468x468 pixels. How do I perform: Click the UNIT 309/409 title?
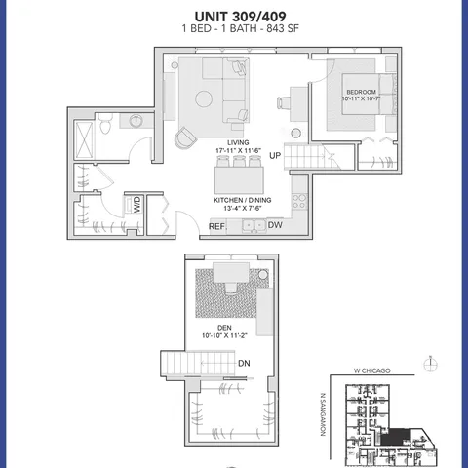[x=233, y=16]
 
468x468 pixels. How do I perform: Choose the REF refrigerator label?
[x=216, y=226]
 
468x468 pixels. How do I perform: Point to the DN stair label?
[x=244, y=364]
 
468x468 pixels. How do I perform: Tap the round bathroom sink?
[x=135, y=121]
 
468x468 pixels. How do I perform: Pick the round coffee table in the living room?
[x=205, y=98]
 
